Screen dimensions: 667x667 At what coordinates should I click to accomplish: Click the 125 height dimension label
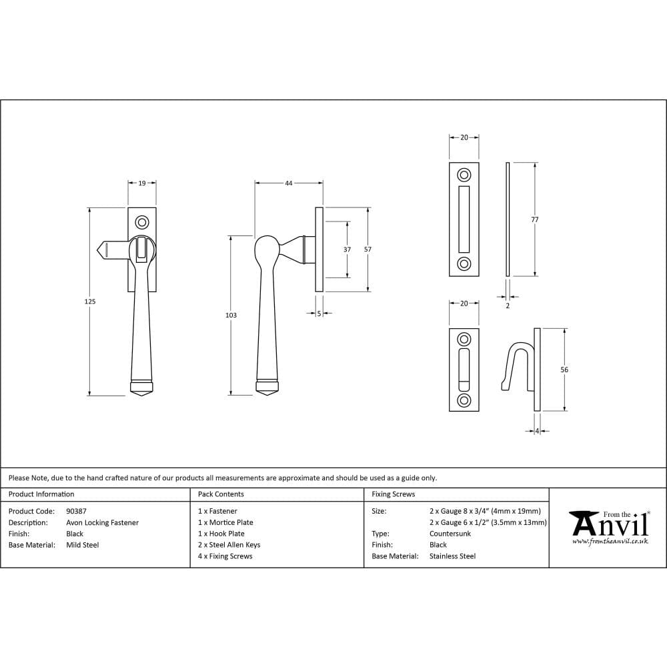(x=90, y=301)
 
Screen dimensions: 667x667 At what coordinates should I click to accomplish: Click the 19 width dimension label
(x=142, y=182)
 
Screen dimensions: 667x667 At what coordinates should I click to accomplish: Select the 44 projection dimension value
(x=289, y=182)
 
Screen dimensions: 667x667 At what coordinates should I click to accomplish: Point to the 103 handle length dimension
(x=231, y=315)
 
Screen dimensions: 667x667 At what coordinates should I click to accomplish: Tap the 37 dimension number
(x=347, y=249)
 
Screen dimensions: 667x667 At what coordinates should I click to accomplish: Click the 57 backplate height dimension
(x=368, y=249)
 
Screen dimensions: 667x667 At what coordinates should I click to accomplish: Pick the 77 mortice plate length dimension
(x=535, y=219)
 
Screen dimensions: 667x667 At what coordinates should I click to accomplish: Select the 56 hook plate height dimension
(x=565, y=370)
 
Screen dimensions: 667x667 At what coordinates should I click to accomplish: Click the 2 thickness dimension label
(x=508, y=305)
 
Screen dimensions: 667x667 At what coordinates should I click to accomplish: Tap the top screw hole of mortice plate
(x=464, y=175)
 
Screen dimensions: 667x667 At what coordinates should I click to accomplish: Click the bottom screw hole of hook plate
(x=464, y=400)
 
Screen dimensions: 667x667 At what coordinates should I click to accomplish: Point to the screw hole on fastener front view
(x=141, y=221)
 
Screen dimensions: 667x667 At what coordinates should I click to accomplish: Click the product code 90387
(x=76, y=512)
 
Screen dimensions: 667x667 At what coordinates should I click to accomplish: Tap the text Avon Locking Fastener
(x=102, y=523)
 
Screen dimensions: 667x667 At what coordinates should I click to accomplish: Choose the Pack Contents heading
(x=221, y=494)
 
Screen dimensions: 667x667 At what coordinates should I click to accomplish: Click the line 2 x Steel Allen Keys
(x=229, y=545)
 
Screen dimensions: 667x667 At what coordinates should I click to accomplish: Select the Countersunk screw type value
(x=450, y=534)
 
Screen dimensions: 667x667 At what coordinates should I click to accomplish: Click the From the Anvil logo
(x=609, y=527)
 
